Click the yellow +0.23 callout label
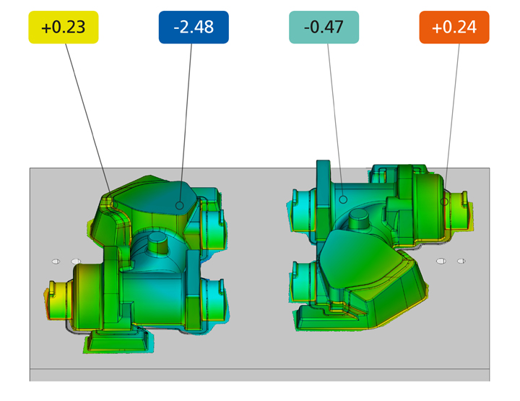[x=64, y=27]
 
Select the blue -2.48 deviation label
[x=194, y=27]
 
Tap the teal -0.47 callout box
[x=324, y=27]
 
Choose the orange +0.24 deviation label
[x=454, y=27]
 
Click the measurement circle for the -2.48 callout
[x=180, y=206]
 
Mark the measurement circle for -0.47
[x=343, y=199]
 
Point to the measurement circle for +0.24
[x=444, y=202]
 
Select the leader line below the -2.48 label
[x=186, y=122]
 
